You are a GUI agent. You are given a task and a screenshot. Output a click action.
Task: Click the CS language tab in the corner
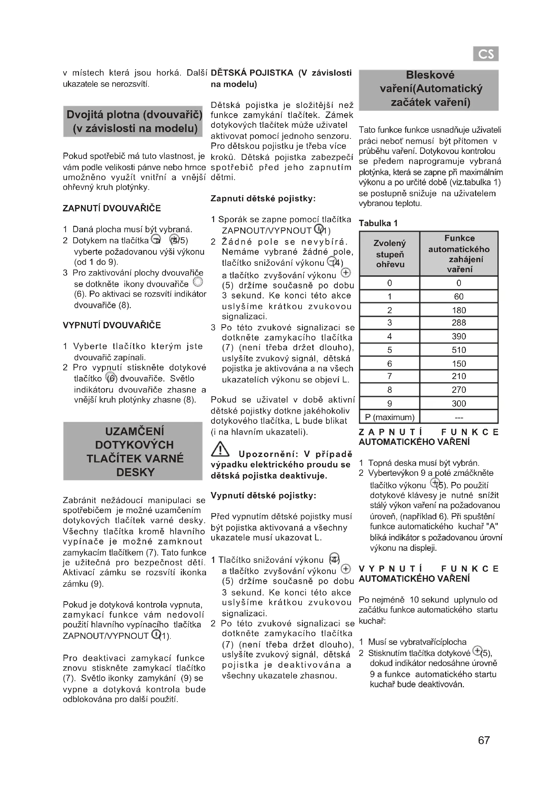pos(485,54)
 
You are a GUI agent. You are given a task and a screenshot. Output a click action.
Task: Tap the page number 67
pos(484,740)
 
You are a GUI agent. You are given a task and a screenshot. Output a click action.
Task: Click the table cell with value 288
pos(459,323)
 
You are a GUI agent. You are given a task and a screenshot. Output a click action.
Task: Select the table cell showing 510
pos(459,350)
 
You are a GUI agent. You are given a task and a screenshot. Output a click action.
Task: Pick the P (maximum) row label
pos(389,417)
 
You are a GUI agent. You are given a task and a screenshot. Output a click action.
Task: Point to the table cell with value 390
pos(459,336)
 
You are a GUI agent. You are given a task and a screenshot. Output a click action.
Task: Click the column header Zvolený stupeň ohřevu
pos(390,254)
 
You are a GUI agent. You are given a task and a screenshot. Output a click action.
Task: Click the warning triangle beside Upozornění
pos(220,450)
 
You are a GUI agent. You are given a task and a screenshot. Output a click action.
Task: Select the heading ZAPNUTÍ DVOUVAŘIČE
pos(112,208)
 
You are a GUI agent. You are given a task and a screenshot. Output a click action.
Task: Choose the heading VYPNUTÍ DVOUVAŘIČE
pos(112,325)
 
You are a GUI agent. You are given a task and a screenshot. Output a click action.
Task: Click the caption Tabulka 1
pos(378,223)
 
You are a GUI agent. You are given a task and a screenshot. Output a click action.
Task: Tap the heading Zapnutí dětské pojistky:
pos(263,199)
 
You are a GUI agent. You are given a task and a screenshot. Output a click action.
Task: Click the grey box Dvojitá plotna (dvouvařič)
pos(133,122)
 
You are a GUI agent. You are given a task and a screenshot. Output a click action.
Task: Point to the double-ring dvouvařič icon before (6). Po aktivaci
pos(198,282)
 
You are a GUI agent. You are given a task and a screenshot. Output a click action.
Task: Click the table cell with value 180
pos(459,310)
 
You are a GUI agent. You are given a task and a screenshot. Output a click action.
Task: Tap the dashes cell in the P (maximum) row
pos(459,417)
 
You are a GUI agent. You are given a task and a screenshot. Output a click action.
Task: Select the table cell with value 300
pos(459,403)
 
